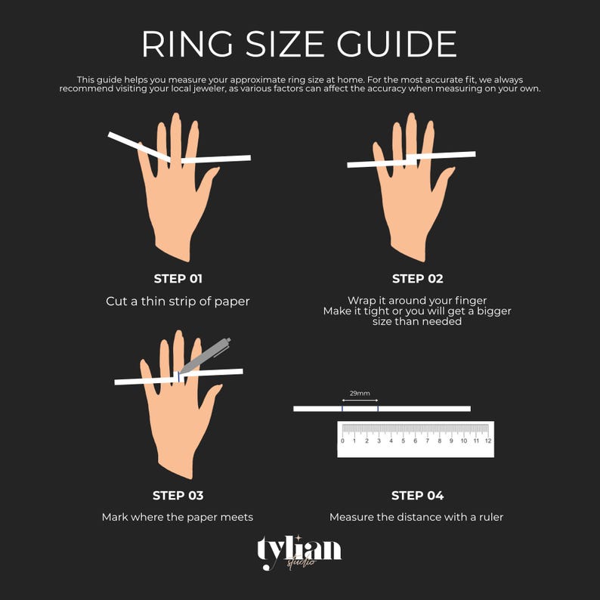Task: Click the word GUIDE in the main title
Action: click(397, 44)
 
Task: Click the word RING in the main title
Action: click(187, 44)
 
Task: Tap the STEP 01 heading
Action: click(178, 279)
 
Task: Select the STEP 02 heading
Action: click(417, 279)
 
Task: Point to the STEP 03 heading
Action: click(178, 496)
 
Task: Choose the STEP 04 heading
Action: click(417, 496)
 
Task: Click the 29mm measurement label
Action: click(360, 393)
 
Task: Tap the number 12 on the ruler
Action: click(488, 441)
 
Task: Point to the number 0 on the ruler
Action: click(342, 441)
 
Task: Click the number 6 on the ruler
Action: click(415, 441)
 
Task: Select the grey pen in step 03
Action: click(206, 355)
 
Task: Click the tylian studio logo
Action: click(298, 552)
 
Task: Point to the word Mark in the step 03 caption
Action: click(115, 517)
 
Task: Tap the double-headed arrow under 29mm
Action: click(360, 401)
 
